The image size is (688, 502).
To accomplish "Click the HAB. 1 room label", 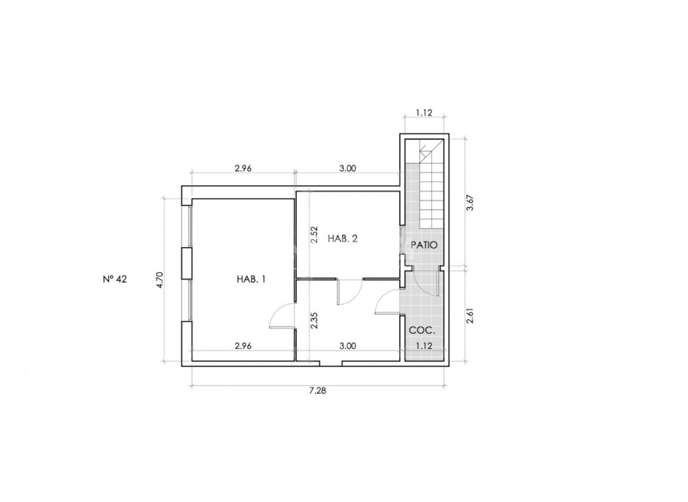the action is (251, 279).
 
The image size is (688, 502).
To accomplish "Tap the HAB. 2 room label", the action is (343, 239).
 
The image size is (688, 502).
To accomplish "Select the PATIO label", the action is (424, 245).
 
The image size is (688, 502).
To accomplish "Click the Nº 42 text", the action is (115, 279).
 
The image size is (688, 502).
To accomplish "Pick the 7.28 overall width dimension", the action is (318, 391).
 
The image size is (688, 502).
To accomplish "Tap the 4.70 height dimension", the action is (160, 280).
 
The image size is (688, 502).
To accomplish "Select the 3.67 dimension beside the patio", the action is (470, 203).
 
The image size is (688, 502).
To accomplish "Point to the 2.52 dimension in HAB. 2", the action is (314, 235).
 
